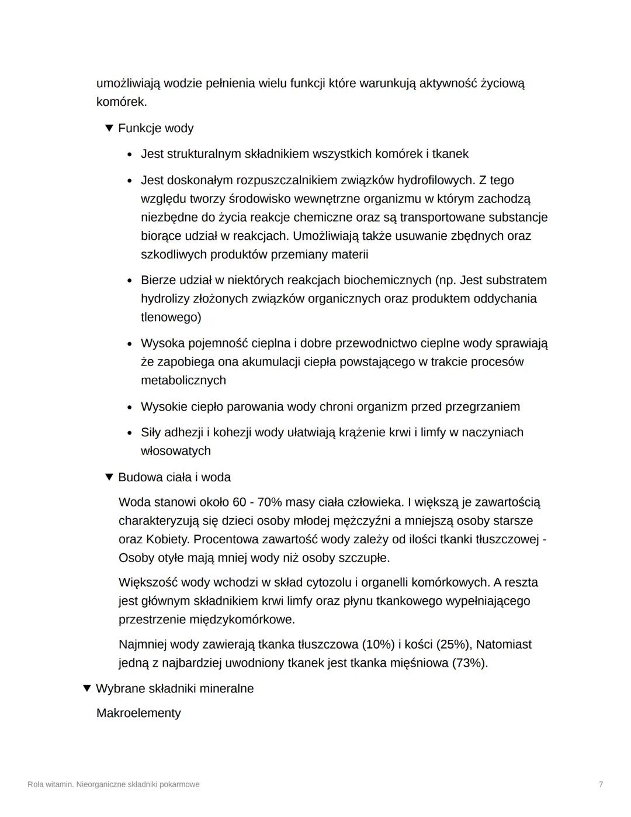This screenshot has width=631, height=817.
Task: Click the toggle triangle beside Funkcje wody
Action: [x=109, y=128]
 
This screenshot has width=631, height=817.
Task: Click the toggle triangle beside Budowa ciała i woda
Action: [x=109, y=477]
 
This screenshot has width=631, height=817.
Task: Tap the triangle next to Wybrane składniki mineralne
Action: [x=86, y=688]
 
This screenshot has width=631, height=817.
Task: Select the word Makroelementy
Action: [x=138, y=713]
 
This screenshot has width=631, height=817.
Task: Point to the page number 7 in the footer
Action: [x=601, y=784]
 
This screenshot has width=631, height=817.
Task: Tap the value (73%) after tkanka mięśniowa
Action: [x=470, y=663]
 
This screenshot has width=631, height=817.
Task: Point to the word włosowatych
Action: [x=176, y=451]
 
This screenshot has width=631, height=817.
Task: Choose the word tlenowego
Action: [x=171, y=317]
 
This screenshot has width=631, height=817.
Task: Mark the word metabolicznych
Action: [x=183, y=380]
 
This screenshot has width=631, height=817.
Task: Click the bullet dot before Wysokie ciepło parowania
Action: [x=130, y=407]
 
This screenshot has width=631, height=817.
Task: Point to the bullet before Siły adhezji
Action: [x=130, y=433]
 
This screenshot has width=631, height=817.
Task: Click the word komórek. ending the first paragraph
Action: [x=122, y=102]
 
